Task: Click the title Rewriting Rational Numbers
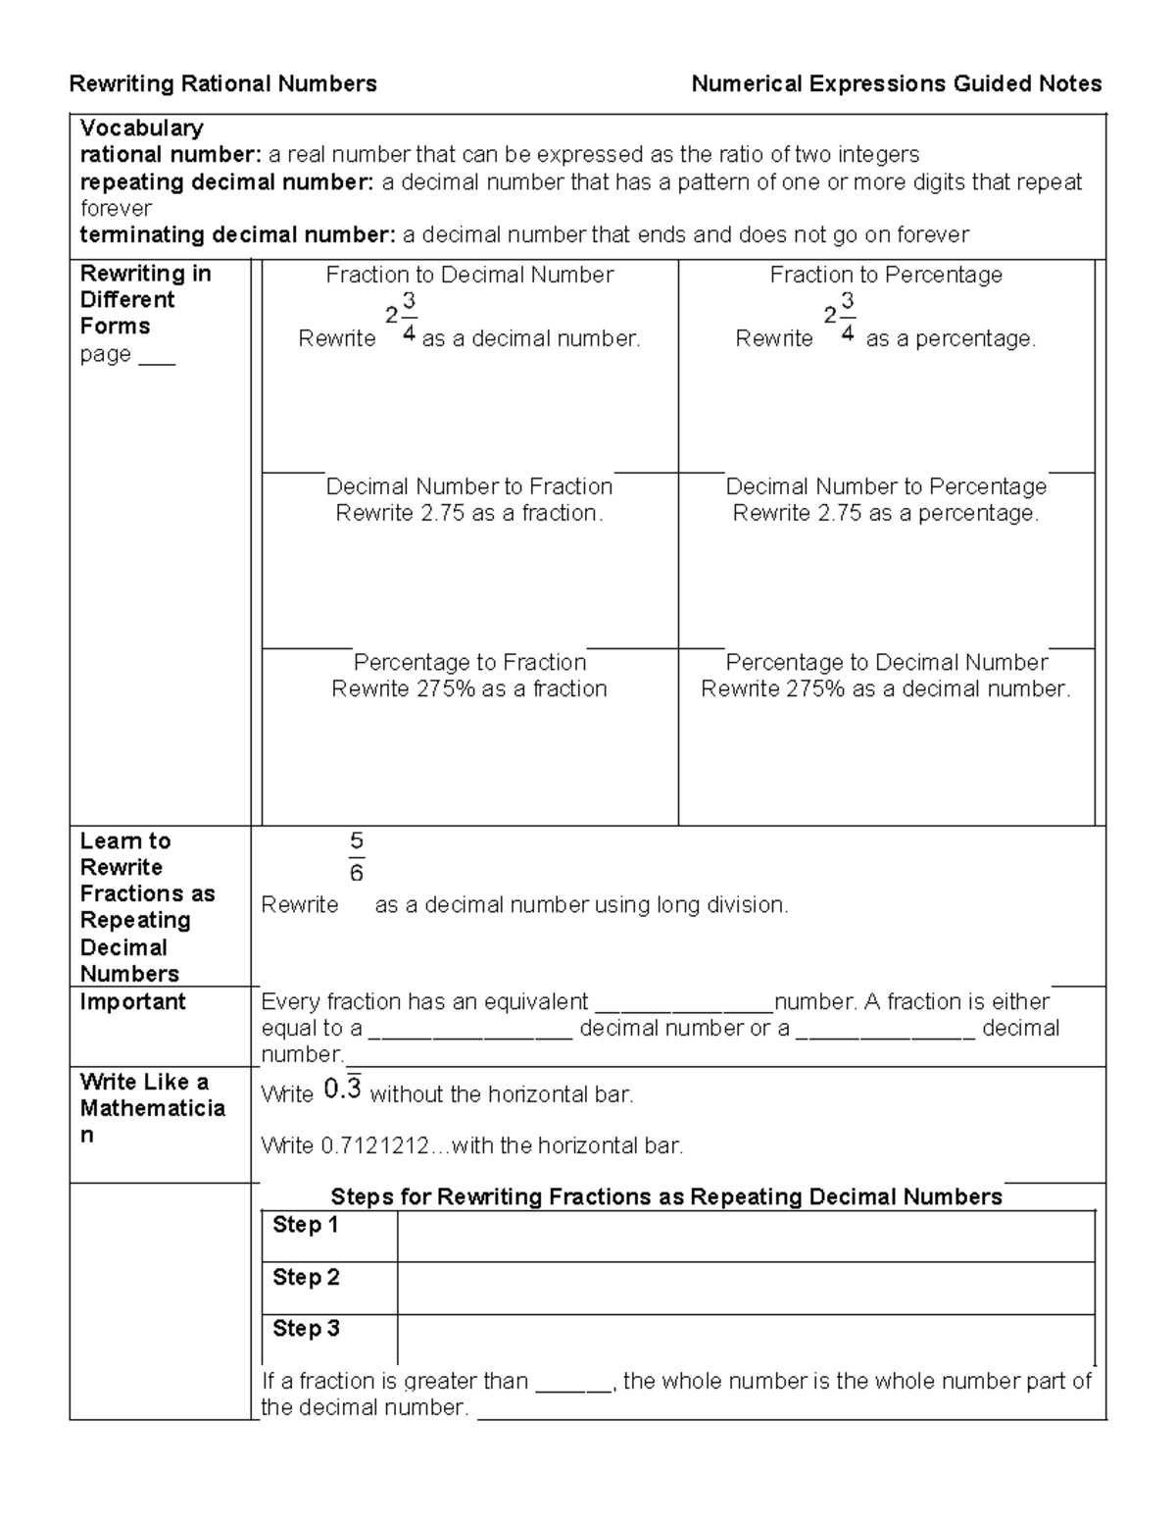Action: point(222,84)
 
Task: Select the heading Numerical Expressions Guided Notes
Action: point(896,84)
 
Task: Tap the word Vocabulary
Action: point(141,128)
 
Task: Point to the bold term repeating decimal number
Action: point(226,182)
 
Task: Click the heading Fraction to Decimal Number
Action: point(469,276)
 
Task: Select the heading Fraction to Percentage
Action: point(886,276)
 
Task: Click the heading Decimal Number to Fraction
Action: point(469,487)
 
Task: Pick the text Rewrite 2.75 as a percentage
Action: point(886,514)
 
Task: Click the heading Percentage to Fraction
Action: point(469,663)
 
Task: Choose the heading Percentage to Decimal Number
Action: point(886,663)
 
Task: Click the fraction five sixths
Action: point(356,857)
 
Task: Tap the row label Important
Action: point(132,1002)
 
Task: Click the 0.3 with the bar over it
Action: point(342,1090)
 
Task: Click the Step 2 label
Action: point(306,1278)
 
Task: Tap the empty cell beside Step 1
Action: point(745,1236)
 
